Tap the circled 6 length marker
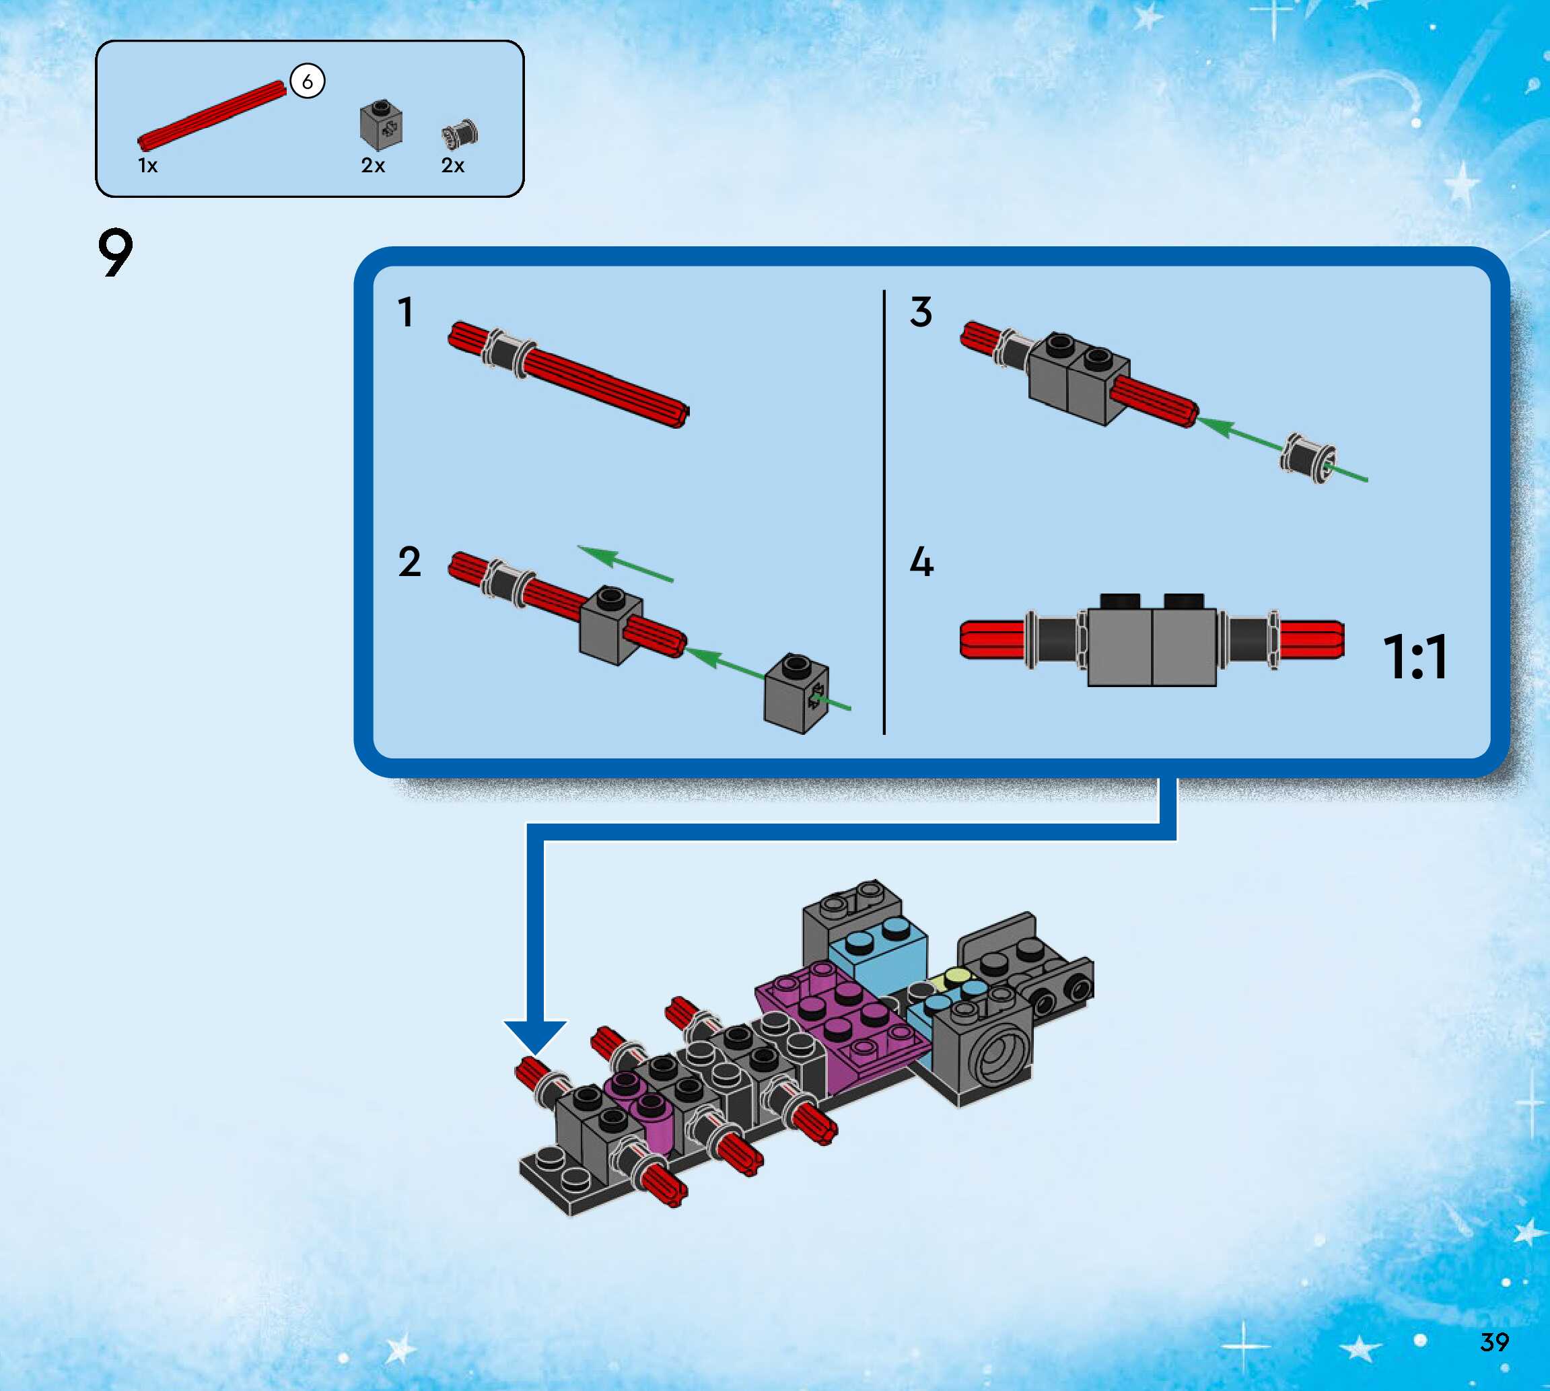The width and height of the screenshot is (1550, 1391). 308,81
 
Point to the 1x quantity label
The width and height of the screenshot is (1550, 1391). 147,166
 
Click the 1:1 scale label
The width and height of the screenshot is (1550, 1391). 1415,657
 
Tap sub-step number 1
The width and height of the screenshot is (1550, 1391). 405,313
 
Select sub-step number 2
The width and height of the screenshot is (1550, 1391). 410,563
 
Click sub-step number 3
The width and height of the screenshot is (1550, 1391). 921,313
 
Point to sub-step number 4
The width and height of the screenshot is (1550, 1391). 922,563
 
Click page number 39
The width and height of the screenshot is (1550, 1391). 1494,1341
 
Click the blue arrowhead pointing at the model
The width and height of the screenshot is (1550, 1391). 535,1036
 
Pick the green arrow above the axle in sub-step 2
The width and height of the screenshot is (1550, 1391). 625,563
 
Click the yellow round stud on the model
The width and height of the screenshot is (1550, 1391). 956,976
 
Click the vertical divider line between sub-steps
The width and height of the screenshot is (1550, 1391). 884,512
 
